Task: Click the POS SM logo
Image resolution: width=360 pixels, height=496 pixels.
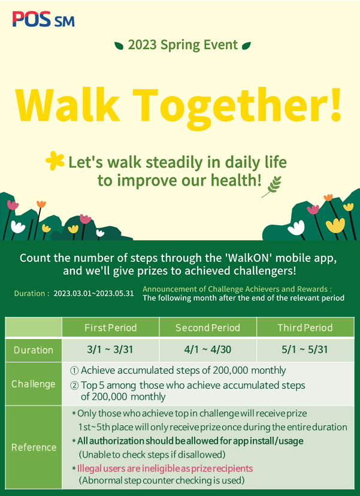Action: [x=43, y=19]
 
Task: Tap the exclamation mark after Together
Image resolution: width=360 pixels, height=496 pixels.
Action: [x=335, y=105]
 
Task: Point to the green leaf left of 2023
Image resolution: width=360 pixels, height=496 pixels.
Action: [x=119, y=46]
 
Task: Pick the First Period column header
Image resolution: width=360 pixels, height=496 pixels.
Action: [x=110, y=328]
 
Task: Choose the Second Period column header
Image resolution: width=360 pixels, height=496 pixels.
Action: [x=207, y=328]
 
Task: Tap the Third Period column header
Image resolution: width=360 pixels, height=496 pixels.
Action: [x=305, y=328]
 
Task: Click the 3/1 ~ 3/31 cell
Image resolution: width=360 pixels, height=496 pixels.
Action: [x=110, y=350]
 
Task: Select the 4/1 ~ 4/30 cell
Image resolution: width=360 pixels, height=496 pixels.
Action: [x=207, y=350]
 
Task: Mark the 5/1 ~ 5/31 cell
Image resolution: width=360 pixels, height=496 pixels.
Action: [x=305, y=350]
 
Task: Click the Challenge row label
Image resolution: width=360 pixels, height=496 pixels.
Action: [x=33, y=384]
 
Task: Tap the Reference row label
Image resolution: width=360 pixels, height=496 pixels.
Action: [x=34, y=447]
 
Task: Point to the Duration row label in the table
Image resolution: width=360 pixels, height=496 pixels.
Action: [x=33, y=350]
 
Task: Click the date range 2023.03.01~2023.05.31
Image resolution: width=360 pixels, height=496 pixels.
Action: [x=93, y=294]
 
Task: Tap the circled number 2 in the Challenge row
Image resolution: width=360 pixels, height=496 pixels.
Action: [x=74, y=386]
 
